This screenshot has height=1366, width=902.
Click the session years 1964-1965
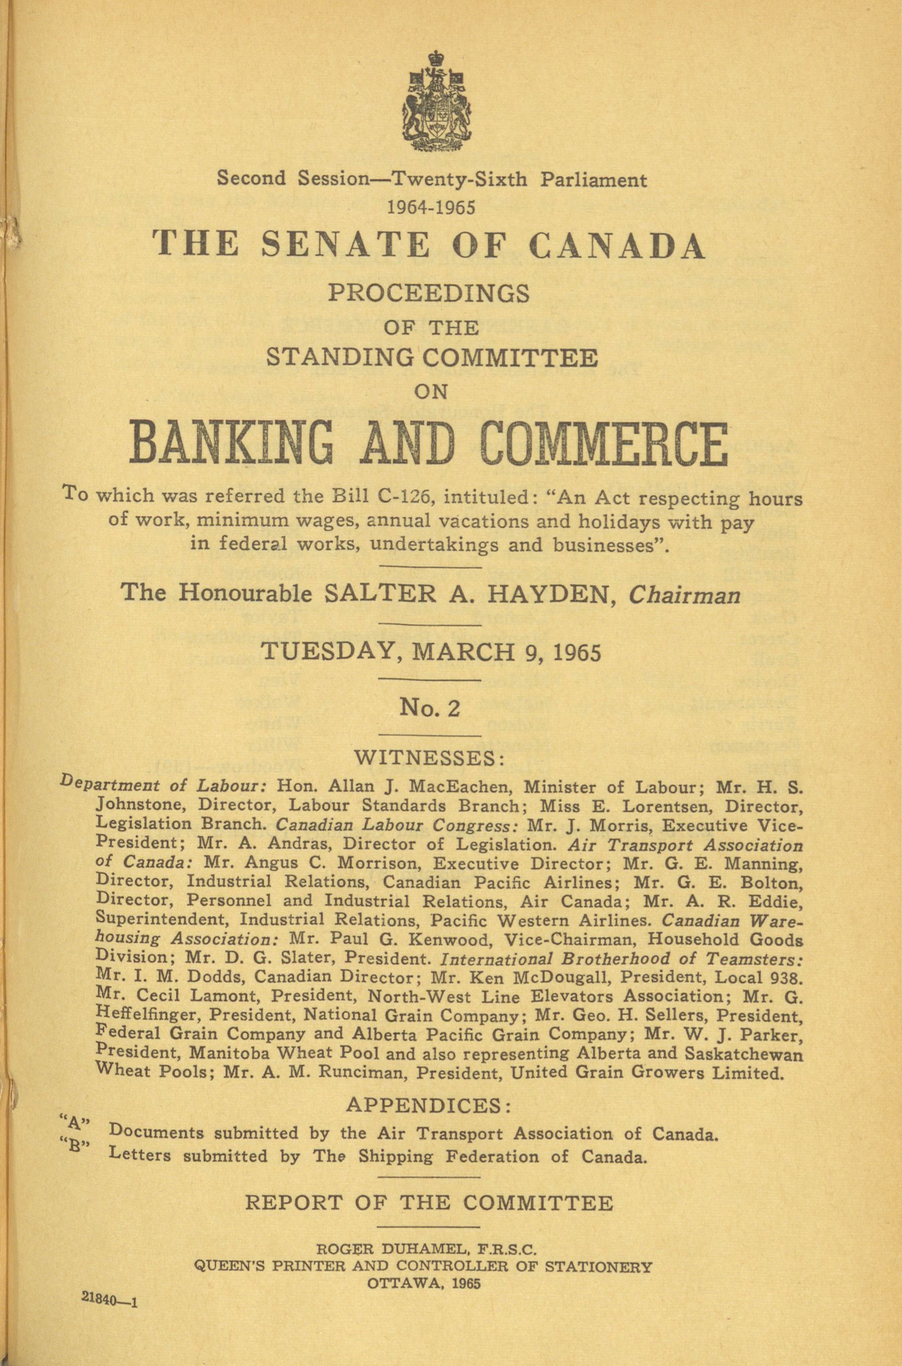[x=431, y=206]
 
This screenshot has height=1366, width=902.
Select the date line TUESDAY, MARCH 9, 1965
[x=431, y=652]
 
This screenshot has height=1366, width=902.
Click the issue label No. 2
[x=431, y=708]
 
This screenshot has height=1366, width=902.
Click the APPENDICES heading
[x=429, y=1106]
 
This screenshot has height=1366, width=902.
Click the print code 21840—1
[x=109, y=1300]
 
